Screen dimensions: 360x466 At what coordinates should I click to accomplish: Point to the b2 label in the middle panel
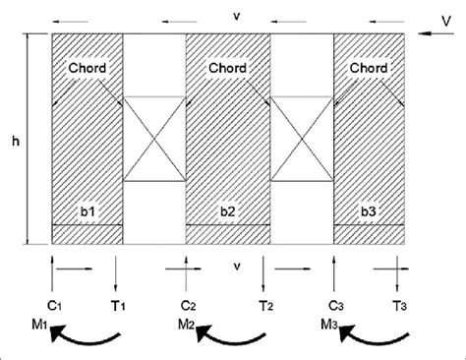click(227, 210)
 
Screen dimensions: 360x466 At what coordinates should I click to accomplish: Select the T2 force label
click(265, 305)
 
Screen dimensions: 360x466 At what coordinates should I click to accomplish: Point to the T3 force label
click(398, 305)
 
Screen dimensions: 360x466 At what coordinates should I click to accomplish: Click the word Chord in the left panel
click(86, 69)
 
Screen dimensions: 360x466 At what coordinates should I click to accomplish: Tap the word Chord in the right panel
click(367, 69)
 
